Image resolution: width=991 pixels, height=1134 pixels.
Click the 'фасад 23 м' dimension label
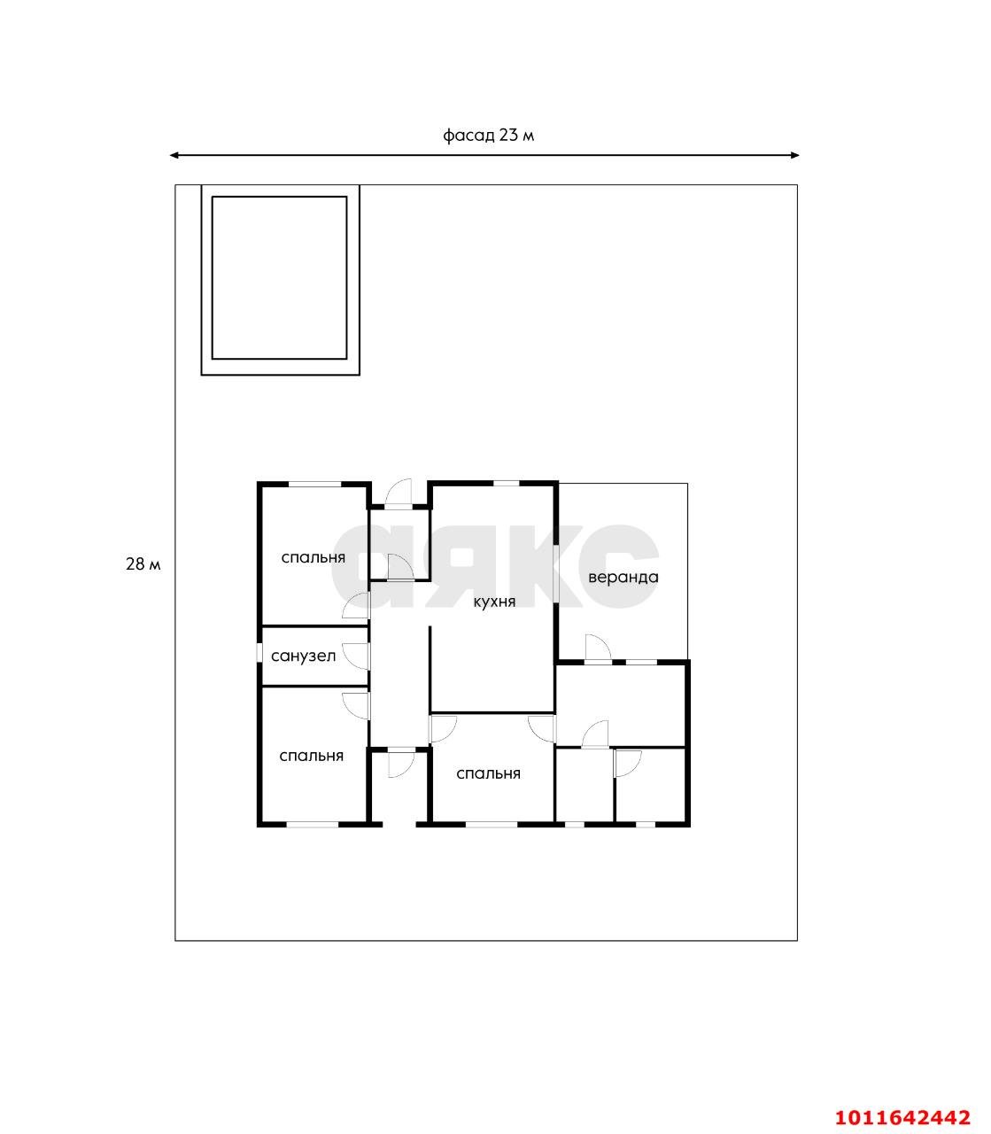point(488,136)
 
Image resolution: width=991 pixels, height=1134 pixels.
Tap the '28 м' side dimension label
point(143,564)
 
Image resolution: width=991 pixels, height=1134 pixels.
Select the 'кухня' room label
point(494,602)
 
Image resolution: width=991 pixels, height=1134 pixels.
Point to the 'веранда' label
point(623,577)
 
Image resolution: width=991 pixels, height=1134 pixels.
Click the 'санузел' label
point(303,656)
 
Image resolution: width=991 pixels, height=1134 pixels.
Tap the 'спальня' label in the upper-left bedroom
point(313,557)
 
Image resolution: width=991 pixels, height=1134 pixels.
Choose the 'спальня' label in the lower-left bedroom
point(311,756)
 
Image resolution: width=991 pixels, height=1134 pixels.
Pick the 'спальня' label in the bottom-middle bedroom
point(488,773)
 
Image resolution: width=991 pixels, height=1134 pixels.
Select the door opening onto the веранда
point(599,648)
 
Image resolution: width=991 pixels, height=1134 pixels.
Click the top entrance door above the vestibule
point(399,493)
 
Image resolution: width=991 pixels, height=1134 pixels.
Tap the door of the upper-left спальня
point(356,605)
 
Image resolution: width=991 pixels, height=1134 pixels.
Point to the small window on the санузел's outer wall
point(259,652)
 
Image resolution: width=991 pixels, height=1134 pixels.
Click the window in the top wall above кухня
point(506,484)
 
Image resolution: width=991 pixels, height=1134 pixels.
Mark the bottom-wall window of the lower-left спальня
point(313,825)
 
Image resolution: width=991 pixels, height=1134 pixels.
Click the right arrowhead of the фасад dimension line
point(795,155)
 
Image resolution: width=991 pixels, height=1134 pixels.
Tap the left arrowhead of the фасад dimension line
point(174,155)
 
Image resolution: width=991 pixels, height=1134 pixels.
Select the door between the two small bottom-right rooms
point(628,764)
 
